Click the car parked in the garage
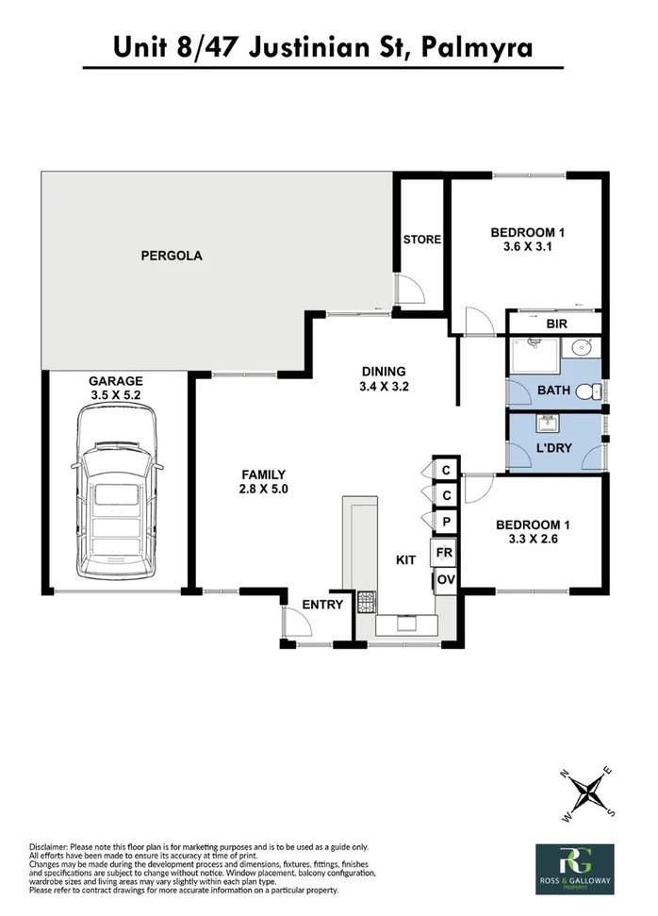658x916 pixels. pyautogui.click(x=117, y=494)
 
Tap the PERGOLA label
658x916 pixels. pyautogui.click(x=172, y=256)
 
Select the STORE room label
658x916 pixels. pyautogui.click(x=421, y=240)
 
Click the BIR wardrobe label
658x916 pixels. pyautogui.click(x=557, y=324)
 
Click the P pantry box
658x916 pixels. pyautogui.click(x=443, y=521)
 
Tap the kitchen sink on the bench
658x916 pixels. pyautogui.click(x=407, y=622)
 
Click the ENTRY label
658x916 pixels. pyautogui.click(x=321, y=605)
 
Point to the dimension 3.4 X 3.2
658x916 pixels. pyautogui.click(x=383, y=386)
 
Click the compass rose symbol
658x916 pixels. pyautogui.click(x=592, y=791)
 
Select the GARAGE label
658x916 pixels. pyautogui.click(x=117, y=381)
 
